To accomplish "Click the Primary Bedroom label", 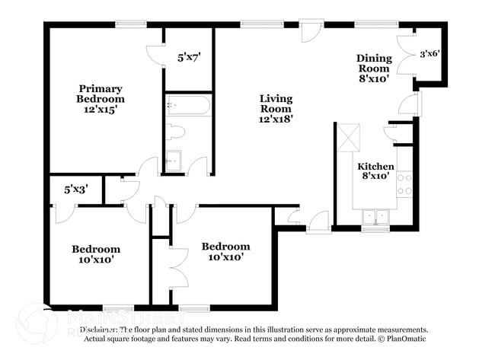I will (x=100, y=94).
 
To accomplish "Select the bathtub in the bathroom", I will (x=188, y=104).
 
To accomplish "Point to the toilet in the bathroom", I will (x=177, y=132).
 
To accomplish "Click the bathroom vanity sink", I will (x=174, y=161).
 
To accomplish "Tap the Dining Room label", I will (x=374, y=63).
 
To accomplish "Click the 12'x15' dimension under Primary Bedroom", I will (x=100, y=109).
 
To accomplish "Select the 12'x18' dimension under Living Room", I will (x=276, y=119).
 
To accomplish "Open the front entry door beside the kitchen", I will (x=318, y=221).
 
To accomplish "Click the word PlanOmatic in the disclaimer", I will (x=404, y=339).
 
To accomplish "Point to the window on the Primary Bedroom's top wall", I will (x=131, y=24).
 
